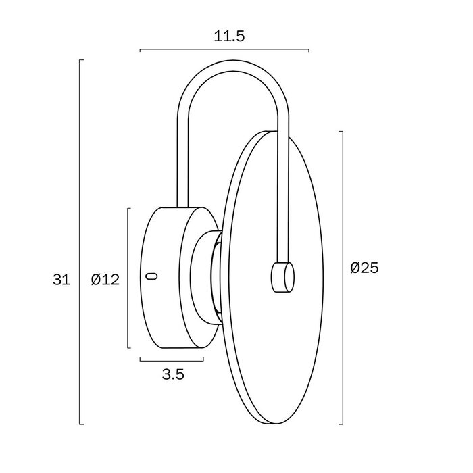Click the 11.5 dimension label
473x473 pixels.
coord(229,36)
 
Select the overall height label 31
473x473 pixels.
coord(61,280)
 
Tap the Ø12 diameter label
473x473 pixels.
coord(105,280)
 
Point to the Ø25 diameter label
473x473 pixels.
coord(364,268)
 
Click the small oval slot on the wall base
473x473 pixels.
coord(152,276)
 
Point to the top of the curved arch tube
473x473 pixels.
coord(232,66)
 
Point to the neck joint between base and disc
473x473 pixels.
coord(206,277)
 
